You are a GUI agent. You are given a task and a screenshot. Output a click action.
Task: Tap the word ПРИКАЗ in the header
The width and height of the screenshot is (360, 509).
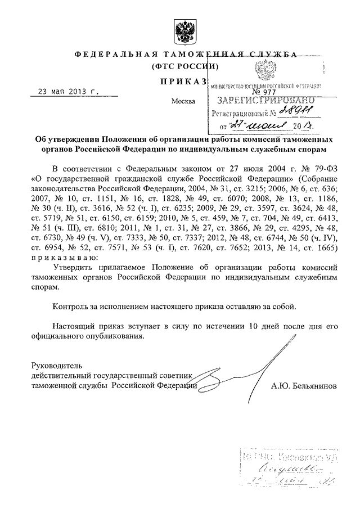pos(182,82)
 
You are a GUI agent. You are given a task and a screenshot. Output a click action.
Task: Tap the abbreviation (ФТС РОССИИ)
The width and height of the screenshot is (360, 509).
pos(183,66)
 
